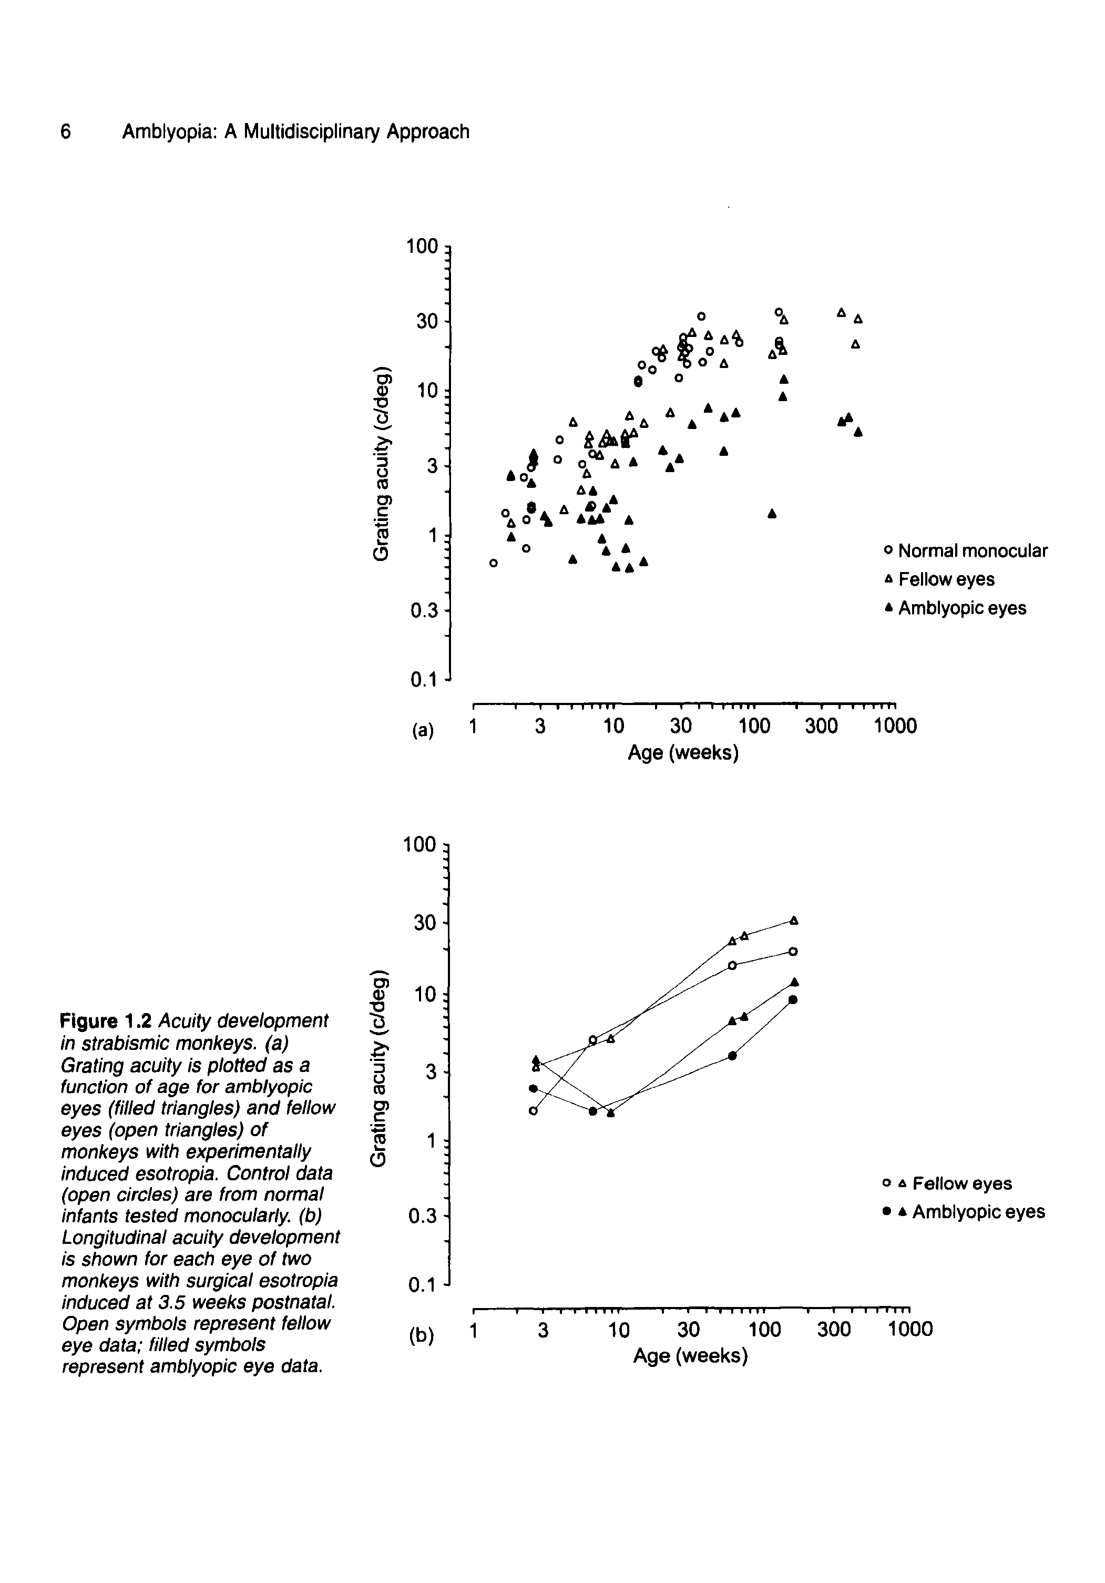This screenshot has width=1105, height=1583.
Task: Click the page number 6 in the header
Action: click(x=66, y=131)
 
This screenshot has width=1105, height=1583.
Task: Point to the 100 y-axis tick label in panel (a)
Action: click(x=422, y=247)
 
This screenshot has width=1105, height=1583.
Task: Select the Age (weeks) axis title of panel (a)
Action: click(x=682, y=753)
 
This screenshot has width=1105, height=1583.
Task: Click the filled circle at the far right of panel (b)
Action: click(x=793, y=999)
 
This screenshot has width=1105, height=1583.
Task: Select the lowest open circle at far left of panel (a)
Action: click(x=493, y=563)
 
